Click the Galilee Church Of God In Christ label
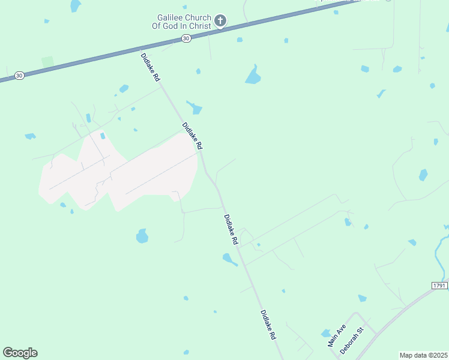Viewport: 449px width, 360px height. [x=180, y=22]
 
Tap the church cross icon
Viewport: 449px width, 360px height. [x=220, y=22]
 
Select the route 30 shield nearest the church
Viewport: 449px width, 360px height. [x=186, y=38]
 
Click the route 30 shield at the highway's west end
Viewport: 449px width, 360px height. [x=20, y=76]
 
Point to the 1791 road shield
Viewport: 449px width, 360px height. [x=439, y=286]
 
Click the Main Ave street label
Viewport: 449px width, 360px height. [x=337, y=337]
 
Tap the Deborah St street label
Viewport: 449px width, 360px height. [x=352, y=340]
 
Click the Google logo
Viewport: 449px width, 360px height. [x=20, y=353]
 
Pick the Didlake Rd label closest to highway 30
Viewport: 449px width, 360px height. [x=151, y=67]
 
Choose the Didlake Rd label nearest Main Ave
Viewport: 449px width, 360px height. [x=268, y=325]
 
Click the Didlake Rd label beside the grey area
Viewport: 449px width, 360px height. [x=193, y=136]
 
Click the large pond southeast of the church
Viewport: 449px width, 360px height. [x=253, y=76]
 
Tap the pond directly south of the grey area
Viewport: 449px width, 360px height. [x=142, y=236]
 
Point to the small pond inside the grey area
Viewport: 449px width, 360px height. [x=102, y=136]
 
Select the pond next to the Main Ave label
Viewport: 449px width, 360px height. [x=325, y=333]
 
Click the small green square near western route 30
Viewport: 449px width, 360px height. [x=47, y=62]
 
